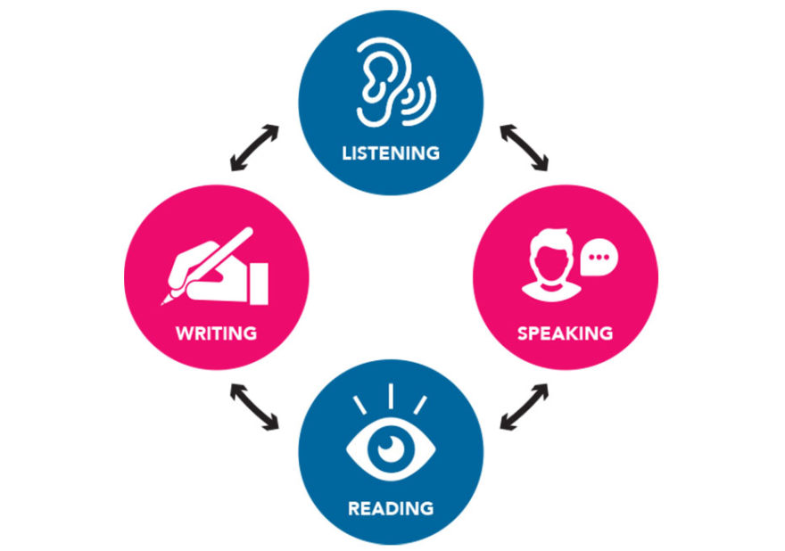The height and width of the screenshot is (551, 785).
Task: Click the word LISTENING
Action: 391,153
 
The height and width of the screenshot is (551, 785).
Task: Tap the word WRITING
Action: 216,333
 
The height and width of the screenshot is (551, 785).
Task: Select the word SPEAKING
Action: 566,333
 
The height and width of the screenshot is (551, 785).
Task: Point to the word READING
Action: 391,508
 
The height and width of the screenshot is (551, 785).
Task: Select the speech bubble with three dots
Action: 599,258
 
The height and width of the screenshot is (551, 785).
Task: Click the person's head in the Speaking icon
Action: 550,255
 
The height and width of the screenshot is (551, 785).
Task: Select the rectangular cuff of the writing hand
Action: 260,284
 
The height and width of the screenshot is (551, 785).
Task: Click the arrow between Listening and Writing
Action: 254,148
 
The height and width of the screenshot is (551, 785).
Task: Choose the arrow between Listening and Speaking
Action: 525,148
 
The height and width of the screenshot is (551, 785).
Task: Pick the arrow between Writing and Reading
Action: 254,407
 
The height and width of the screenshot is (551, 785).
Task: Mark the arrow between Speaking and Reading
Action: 525,407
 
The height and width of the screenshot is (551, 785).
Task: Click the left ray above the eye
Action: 360,406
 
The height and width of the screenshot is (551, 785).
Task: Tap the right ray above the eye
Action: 420,405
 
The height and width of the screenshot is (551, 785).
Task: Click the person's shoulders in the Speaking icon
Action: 550,292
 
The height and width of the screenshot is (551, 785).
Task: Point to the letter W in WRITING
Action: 185,333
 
